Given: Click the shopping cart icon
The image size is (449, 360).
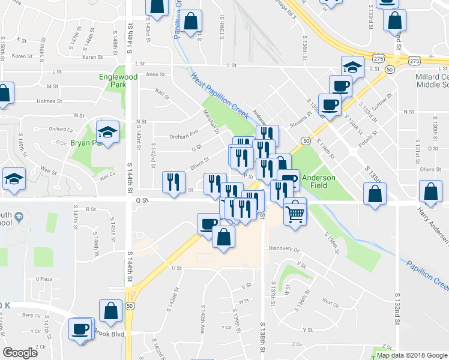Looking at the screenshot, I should pyautogui.click(x=295, y=212).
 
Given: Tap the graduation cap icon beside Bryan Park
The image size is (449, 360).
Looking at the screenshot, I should pyautogui.click(x=108, y=132).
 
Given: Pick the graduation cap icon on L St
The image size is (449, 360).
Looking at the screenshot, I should pyautogui.click(x=352, y=67).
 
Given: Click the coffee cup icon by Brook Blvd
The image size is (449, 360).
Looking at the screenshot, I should pyautogui.click(x=80, y=329).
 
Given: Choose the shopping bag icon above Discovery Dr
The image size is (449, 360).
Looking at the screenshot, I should pyautogui.click(x=223, y=236).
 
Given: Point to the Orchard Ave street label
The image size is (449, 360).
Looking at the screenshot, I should pyautogui.click(x=183, y=136).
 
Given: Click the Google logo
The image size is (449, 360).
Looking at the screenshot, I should pyautogui.click(x=20, y=353).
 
